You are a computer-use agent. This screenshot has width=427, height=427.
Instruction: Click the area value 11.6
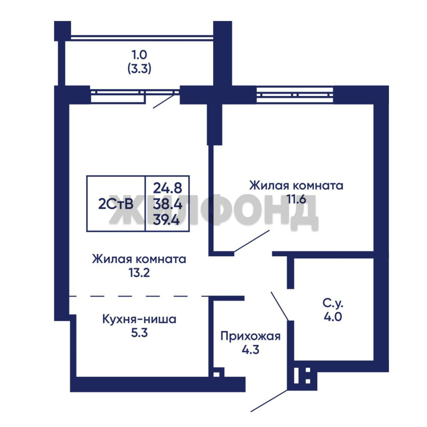296,199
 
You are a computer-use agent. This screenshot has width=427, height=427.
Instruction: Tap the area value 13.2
139,272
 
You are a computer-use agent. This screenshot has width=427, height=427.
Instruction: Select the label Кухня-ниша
139,319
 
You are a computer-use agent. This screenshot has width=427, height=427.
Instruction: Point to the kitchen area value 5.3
139,333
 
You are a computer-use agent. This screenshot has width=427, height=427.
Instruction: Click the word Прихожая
250,336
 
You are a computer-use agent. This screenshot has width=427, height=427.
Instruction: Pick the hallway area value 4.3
251,350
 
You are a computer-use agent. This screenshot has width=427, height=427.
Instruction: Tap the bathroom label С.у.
333,303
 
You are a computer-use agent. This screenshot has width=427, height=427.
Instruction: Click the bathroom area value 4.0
333,317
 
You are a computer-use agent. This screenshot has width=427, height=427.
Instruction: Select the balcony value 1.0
139,55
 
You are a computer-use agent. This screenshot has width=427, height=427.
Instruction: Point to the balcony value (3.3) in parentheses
139,68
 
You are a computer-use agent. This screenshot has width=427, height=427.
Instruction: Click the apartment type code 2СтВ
116,204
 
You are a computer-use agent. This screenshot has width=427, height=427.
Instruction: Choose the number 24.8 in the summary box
168,188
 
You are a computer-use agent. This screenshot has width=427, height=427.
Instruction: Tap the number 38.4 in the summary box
168,204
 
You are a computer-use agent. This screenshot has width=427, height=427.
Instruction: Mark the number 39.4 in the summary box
166,219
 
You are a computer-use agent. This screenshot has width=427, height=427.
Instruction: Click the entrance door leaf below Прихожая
269,401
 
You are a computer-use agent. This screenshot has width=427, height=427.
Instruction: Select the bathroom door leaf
280,306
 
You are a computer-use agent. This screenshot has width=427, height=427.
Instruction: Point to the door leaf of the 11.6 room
251,241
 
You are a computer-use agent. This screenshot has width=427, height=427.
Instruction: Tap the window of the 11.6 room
295,95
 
